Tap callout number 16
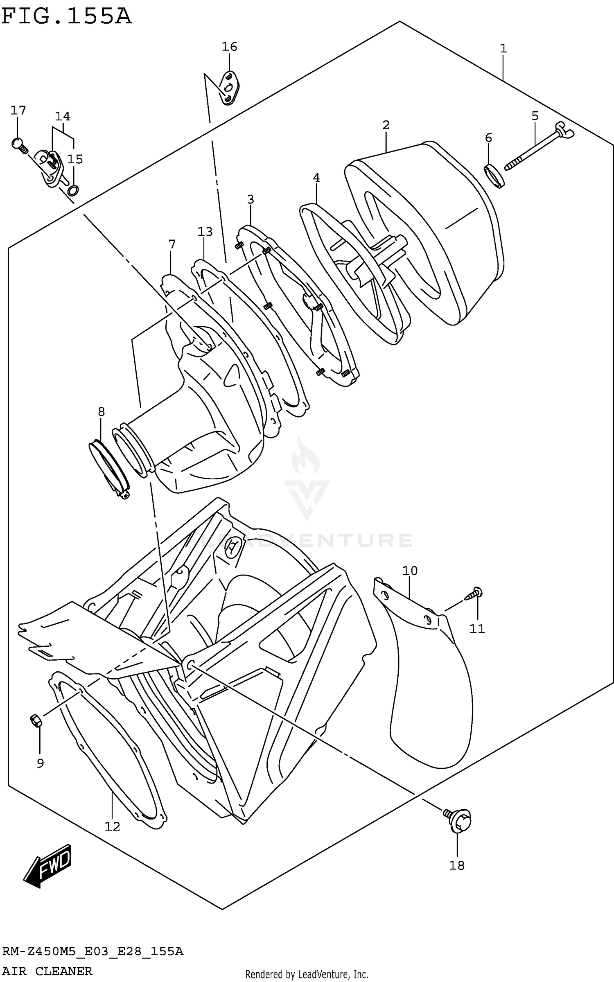(229, 47)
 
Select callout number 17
(18, 110)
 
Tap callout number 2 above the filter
(386, 125)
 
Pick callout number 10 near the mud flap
(410, 571)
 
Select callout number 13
(205, 232)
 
